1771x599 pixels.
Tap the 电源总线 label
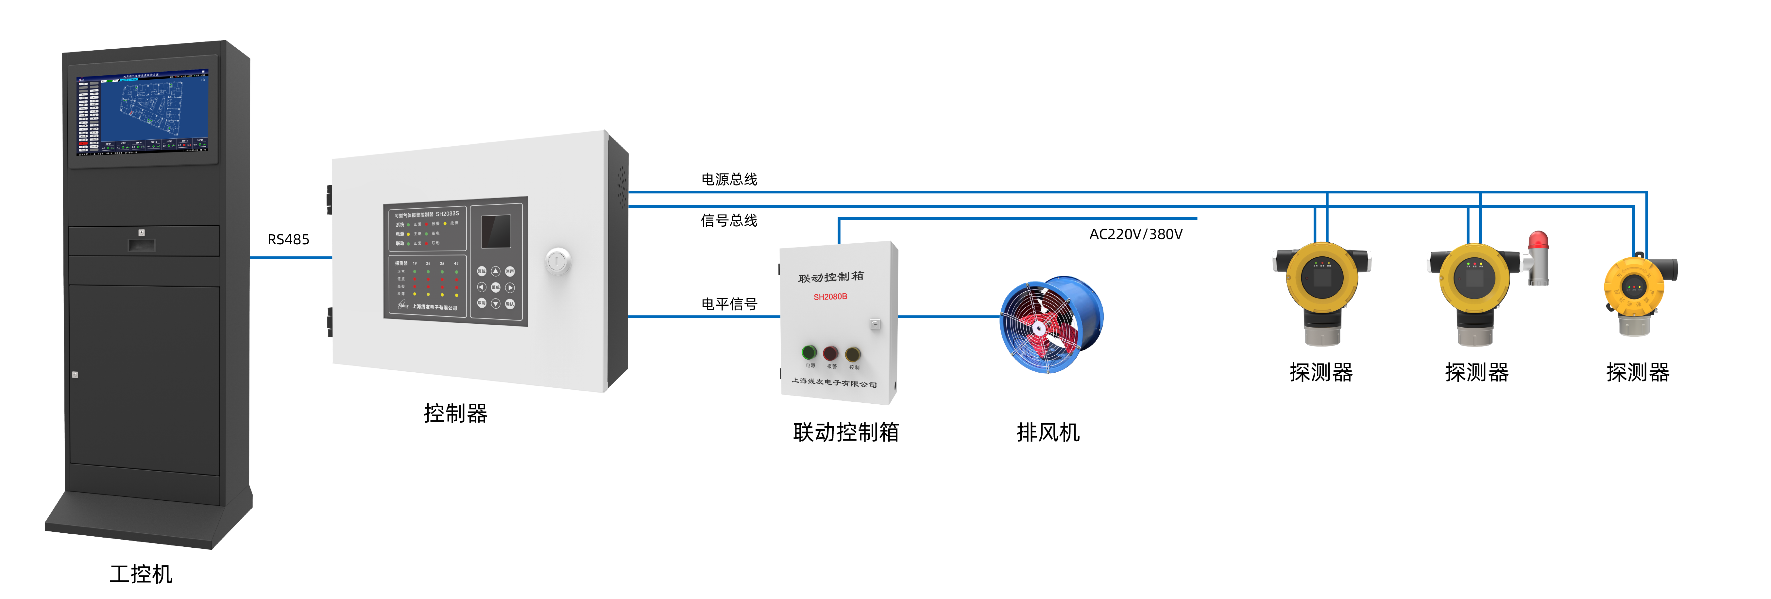tap(729, 179)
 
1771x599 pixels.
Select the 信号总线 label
tap(729, 220)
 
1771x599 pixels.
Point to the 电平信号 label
tap(729, 304)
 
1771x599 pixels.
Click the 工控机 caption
tap(141, 574)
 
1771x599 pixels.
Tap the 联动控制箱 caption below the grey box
tap(846, 432)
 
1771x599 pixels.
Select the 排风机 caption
tap(1048, 432)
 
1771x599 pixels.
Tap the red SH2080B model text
tap(830, 297)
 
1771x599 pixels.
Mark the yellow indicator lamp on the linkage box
tap(853, 354)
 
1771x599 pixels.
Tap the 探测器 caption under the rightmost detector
tap(1638, 372)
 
